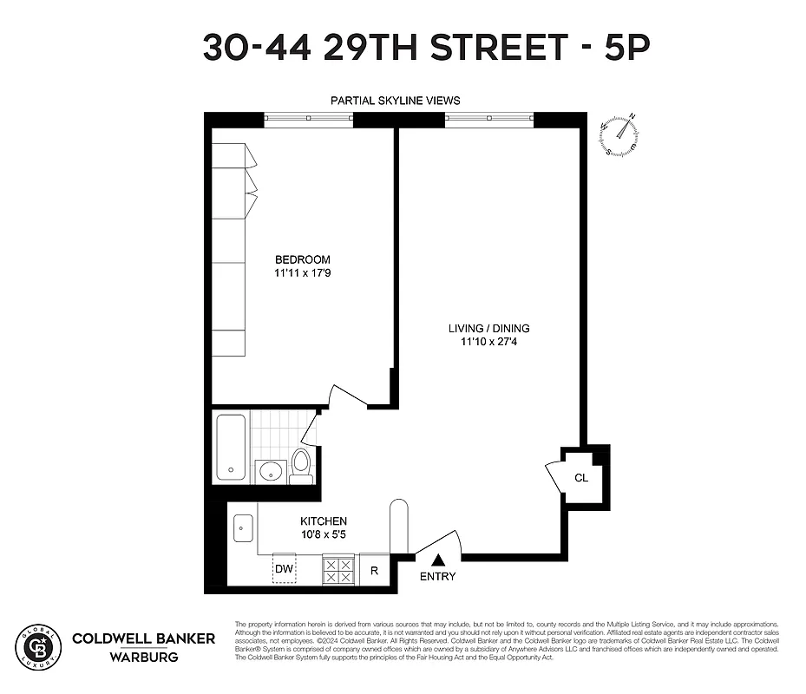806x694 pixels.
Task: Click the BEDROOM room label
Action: point(302,259)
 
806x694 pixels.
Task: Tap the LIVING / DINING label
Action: point(488,329)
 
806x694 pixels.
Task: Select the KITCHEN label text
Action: point(324,521)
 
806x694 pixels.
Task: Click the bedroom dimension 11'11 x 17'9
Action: point(302,272)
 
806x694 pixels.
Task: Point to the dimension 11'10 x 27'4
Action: point(488,342)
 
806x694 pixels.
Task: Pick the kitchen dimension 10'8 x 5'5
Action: point(324,534)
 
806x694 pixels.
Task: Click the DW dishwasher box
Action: point(284,569)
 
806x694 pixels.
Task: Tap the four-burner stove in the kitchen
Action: point(337,569)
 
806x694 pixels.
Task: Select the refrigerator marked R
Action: point(374,570)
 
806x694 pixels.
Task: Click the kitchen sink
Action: point(243,527)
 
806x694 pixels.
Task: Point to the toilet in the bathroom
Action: point(300,465)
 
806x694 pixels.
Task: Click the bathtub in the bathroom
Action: point(231,447)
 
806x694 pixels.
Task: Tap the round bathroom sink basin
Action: point(270,472)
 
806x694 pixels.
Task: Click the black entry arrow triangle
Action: point(437,561)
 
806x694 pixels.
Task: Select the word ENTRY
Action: point(437,577)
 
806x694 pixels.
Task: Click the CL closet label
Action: point(581,477)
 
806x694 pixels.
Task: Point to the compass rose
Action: point(620,134)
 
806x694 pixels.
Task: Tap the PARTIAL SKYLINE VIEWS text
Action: point(396,101)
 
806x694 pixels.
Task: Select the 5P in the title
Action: point(626,47)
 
